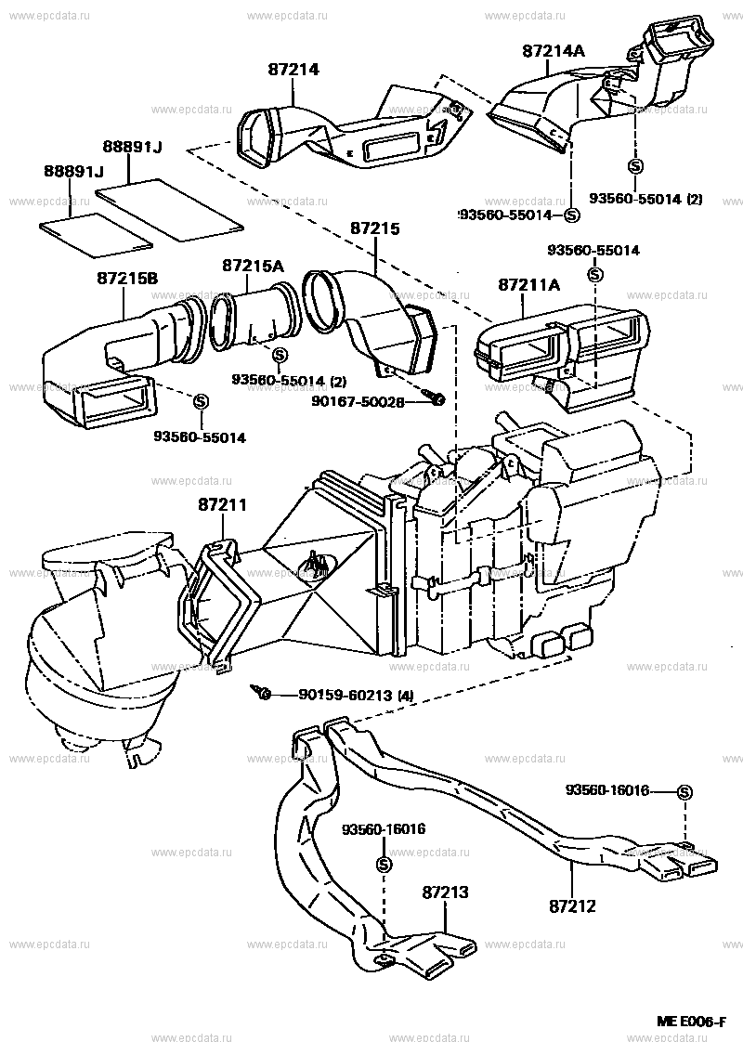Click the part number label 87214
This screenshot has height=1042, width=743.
point(293,69)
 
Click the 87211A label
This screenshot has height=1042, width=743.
point(528,284)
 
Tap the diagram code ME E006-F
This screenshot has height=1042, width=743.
point(691,1022)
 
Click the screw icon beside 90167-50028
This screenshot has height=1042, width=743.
point(433,398)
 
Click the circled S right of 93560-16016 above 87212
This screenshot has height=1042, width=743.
point(684,792)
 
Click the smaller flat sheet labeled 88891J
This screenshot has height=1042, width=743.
point(96,231)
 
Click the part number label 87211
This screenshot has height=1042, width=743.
point(222,504)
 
